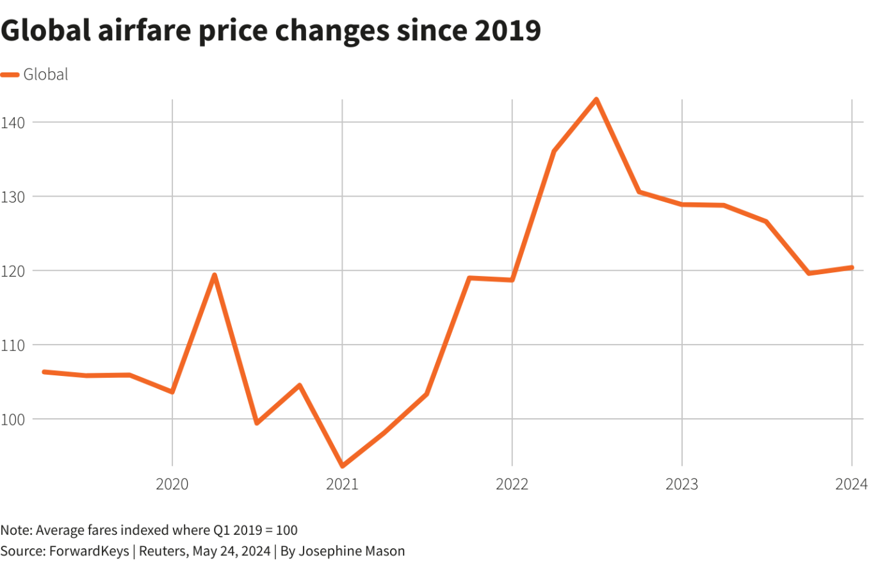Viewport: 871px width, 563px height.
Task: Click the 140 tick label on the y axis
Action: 13,122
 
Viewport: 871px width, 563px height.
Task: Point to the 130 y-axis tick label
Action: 13,196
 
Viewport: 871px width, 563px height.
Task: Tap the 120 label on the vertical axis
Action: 13,270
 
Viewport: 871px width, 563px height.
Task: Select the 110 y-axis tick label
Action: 13,345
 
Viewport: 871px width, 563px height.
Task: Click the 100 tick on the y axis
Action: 13,419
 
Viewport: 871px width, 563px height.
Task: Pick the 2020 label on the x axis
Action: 172,484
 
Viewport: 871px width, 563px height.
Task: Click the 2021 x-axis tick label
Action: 342,484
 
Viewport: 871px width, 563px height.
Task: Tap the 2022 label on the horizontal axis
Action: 512,484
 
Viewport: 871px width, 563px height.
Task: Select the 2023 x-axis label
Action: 681,484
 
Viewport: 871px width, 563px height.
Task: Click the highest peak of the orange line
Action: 596,99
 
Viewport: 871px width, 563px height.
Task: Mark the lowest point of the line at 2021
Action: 342,466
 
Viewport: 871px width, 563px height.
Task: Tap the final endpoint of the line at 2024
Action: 852,267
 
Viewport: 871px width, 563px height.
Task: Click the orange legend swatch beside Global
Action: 10,75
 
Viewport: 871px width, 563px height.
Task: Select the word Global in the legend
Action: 45,75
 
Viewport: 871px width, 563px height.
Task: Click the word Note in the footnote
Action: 15,530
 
